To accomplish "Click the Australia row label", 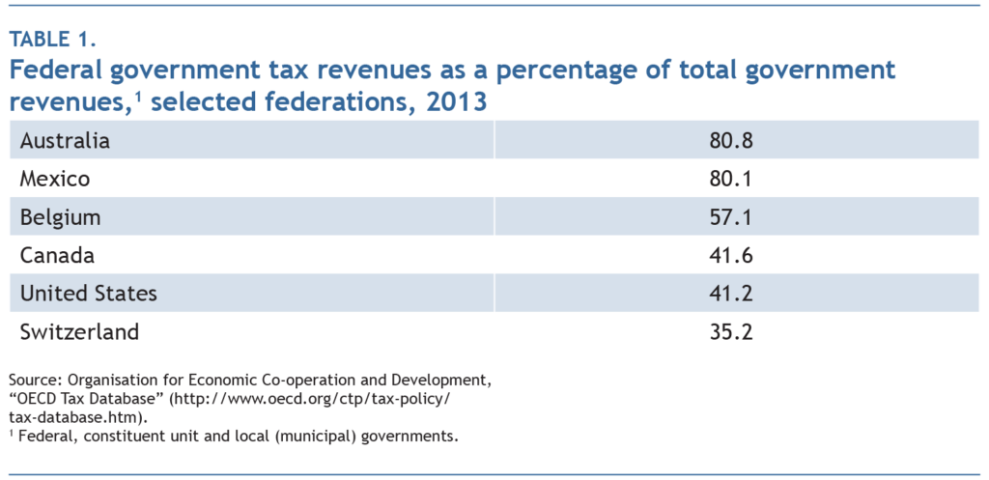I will (65, 141).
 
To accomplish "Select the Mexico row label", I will (56, 180).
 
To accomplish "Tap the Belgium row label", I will (60, 217).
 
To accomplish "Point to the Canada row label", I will (57, 256).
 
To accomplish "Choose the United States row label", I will (88, 294).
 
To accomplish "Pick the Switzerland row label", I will (79, 332).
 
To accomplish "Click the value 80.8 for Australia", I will (729, 141).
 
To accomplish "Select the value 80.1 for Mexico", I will (729, 180).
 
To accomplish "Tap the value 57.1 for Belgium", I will (729, 217).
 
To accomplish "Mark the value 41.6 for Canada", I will (729, 256).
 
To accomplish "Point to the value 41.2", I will (729, 294).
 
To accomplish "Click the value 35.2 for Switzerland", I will (729, 332).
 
